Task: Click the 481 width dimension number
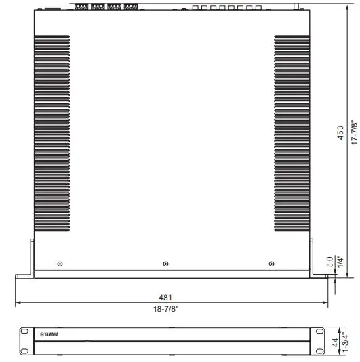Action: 165,297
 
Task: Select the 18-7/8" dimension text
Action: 165,309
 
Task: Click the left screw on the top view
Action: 61,263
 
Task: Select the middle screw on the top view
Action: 166,263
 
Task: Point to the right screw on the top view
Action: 271,263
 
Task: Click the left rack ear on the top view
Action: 25,260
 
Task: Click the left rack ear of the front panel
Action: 25,340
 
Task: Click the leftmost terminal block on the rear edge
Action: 81,6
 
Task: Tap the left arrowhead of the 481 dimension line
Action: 18,303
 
